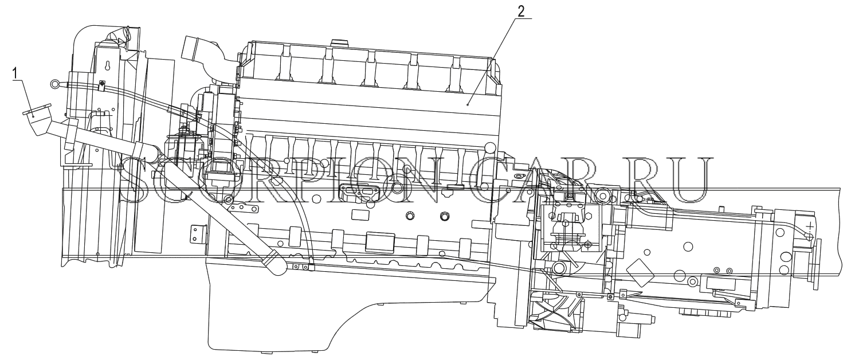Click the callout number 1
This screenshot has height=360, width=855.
[x=15, y=73]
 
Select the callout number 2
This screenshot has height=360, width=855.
[x=521, y=11]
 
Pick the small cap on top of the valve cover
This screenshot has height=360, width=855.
[x=338, y=41]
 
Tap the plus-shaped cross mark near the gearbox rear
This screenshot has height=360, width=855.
[x=809, y=228]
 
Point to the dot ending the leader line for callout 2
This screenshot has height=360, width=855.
[x=468, y=104]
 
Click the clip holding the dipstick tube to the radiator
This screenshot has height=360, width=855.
[x=101, y=86]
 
